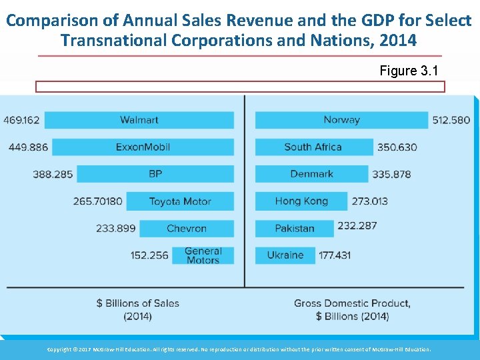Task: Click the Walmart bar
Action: [x=139, y=120]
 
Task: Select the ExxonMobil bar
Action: [x=143, y=147]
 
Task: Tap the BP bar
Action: [x=155, y=174]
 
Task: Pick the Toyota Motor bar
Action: [x=180, y=201]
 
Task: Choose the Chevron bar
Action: [x=187, y=229]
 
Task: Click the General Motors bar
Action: [x=203, y=255]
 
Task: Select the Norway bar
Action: [x=341, y=120]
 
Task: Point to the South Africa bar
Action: [x=313, y=147]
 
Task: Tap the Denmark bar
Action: [x=311, y=174]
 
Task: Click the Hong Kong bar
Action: [x=301, y=201]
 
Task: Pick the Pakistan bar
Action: [x=294, y=229]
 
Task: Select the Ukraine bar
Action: [x=285, y=255]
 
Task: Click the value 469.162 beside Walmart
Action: [x=21, y=121]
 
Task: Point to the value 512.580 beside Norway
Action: [x=451, y=121]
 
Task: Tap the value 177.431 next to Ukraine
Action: [x=335, y=255]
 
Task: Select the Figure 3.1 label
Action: [x=409, y=71]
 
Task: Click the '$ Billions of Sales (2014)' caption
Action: [x=138, y=309]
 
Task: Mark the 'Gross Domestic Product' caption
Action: [x=352, y=303]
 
